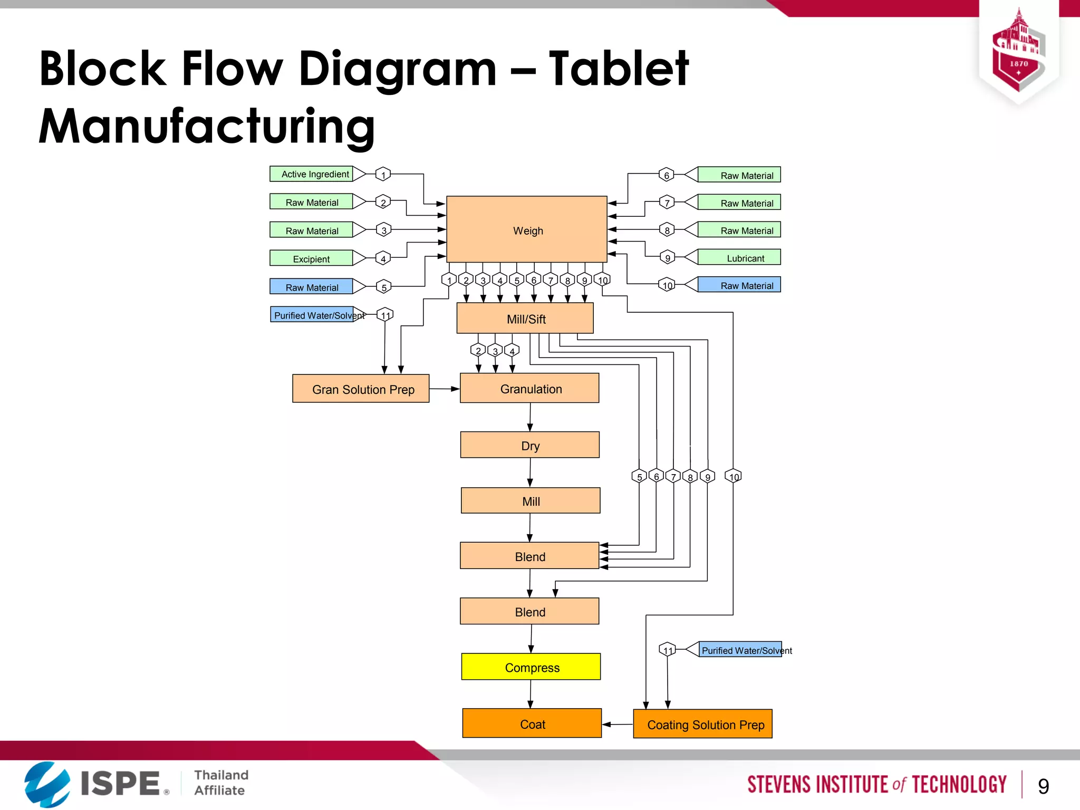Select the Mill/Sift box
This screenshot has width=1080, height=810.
pyautogui.click(x=525, y=318)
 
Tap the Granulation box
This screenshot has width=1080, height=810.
pyautogui.click(x=529, y=388)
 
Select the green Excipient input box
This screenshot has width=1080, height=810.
pyautogui.click(x=311, y=258)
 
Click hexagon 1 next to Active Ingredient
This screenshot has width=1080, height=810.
pyautogui.click(x=383, y=174)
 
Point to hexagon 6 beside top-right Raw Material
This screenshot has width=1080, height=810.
pyautogui.click(x=667, y=175)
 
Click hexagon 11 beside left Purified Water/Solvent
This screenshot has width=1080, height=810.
pyautogui.click(x=385, y=315)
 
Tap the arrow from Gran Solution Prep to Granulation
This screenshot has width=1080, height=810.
pyautogui.click(x=444, y=389)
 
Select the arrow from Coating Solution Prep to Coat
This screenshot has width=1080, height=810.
pyautogui.click(x=617, y=724)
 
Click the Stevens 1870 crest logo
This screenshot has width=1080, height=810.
pyautogui.click(x=1018, y=53)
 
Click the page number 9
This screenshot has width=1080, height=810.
pyautogui.click(x=1043, y=786)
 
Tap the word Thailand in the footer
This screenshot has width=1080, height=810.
pyautogui.click(x=221, y=775)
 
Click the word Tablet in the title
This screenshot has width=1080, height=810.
pyautogui.click(x=618, y=69)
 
